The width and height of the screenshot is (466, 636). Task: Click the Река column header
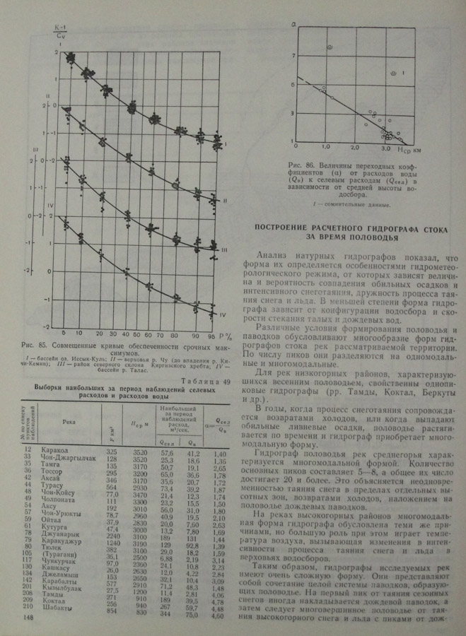(68, 419)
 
